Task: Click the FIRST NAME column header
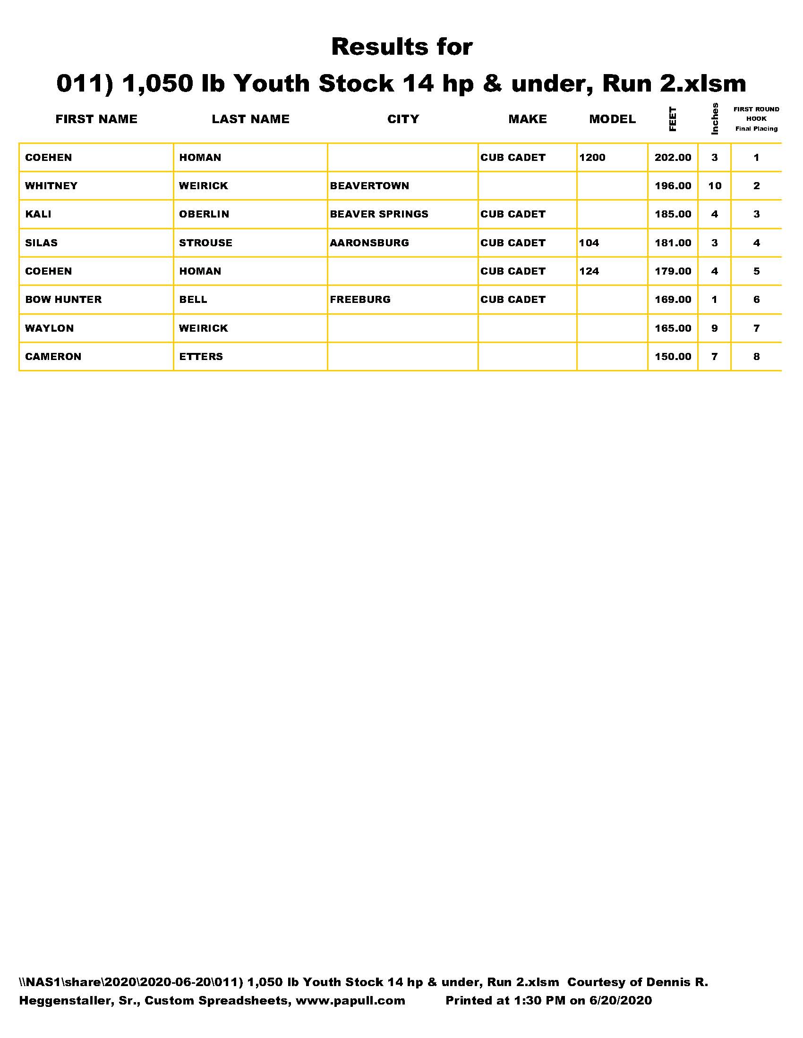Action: tap(96, 119)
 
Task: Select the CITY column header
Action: tap(403, 119)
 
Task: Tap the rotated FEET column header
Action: tap(672, 119)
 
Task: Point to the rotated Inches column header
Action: tap(714, 119)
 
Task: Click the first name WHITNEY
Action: tap(51, 186)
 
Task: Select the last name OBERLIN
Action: tap(204, 214)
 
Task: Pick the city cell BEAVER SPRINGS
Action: tap(379, 214)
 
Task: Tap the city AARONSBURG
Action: tap(369, 243)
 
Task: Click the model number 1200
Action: tap(592, 158)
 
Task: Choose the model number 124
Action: tap(589, 271)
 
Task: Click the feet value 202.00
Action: tap(672, 158)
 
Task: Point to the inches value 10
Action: tap(715, 186)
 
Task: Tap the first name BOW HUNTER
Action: tap(63, 300)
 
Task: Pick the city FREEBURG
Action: tap(359, 300)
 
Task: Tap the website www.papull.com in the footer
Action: tap(350, 1000)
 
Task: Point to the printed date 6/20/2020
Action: tap(620, 1000)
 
